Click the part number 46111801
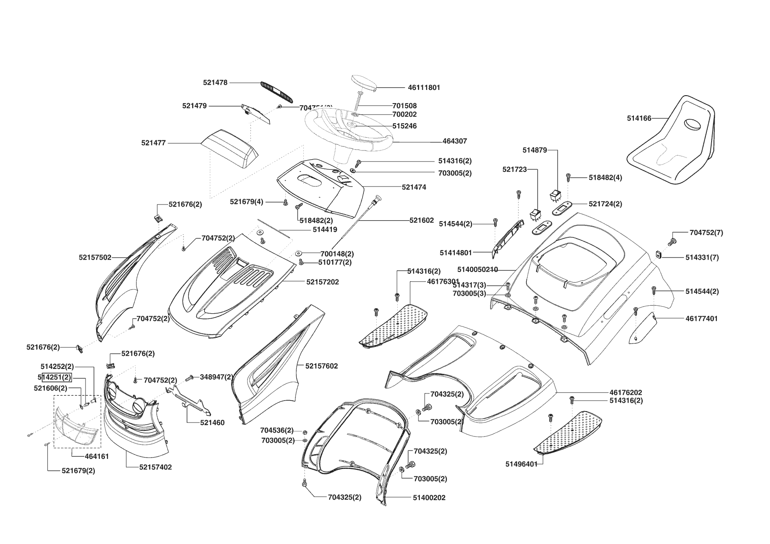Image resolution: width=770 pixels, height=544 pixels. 424,88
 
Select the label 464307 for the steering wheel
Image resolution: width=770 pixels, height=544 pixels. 455,141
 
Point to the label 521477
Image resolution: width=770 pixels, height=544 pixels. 154,143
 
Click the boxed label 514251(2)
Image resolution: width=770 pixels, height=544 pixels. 56,377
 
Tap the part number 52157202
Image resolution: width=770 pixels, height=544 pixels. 323,282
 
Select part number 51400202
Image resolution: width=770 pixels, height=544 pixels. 429,498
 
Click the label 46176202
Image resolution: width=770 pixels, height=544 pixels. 626,393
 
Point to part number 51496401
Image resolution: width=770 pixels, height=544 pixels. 521,464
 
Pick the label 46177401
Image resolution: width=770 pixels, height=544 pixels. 702,319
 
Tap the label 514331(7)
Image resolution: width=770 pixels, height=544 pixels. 702,258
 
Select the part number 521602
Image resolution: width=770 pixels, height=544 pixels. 421,220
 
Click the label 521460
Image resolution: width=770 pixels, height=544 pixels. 212,423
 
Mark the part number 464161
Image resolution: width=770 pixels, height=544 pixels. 97,456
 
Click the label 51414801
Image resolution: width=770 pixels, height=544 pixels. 456,253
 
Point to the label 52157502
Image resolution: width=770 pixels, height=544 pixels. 95,258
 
